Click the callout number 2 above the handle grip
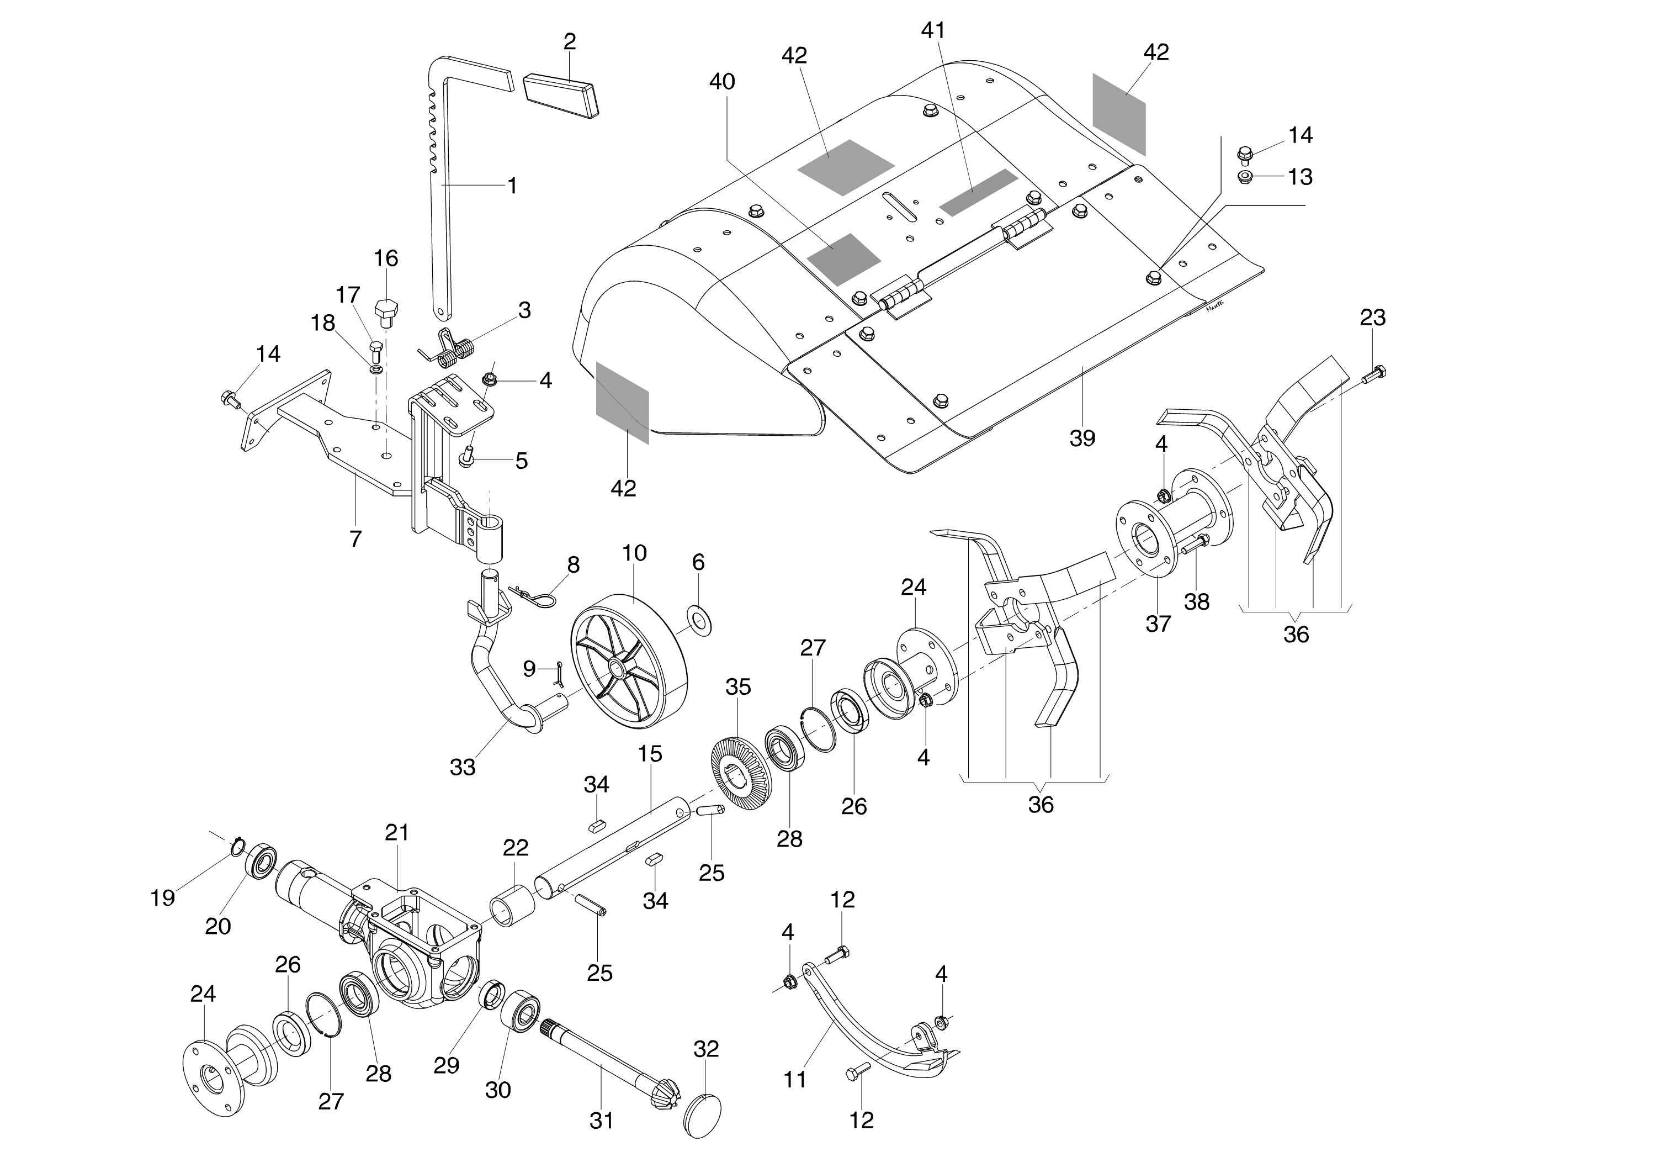(x=570, y=42)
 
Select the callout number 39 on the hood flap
(x=1082, y=438)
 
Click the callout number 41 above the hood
(x=933, y=30)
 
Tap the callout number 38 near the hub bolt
(x=1197, y=601)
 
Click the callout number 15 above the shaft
(x=650, y=754)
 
